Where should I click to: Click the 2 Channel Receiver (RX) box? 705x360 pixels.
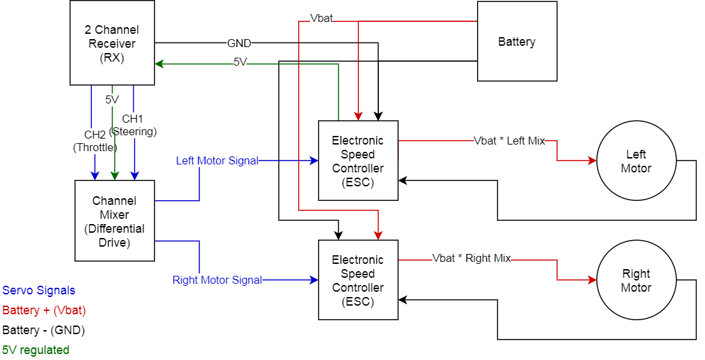coord(112,43)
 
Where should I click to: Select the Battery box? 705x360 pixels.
coord(517,42)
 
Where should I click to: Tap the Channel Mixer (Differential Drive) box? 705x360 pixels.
coord(115,221)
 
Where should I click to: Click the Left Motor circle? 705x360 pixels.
coord(635,161)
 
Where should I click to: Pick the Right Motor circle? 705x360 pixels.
coord(635,280)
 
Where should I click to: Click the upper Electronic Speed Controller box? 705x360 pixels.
coord(358,161)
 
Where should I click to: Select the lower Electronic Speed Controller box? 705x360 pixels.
coord(358,280)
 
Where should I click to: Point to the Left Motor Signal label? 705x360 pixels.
coord(217,161)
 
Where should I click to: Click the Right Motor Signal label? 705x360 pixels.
coord(217,280)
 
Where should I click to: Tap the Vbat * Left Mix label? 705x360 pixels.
coord(509,141)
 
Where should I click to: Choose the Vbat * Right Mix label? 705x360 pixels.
coord(471,259)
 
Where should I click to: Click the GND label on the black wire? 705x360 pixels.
coord(239,44)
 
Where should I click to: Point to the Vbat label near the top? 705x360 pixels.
coord(321,19)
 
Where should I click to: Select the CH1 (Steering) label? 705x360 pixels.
coord(133,125)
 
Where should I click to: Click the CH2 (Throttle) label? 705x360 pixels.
coord(95,141)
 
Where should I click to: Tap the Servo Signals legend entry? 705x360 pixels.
coord(39,290)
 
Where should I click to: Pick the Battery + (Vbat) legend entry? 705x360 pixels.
coord(44,310)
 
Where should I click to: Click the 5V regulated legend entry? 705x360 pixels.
coord(36,349)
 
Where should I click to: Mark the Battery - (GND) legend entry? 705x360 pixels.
coord(44,330)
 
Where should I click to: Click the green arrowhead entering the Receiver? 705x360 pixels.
coord(159,64)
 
